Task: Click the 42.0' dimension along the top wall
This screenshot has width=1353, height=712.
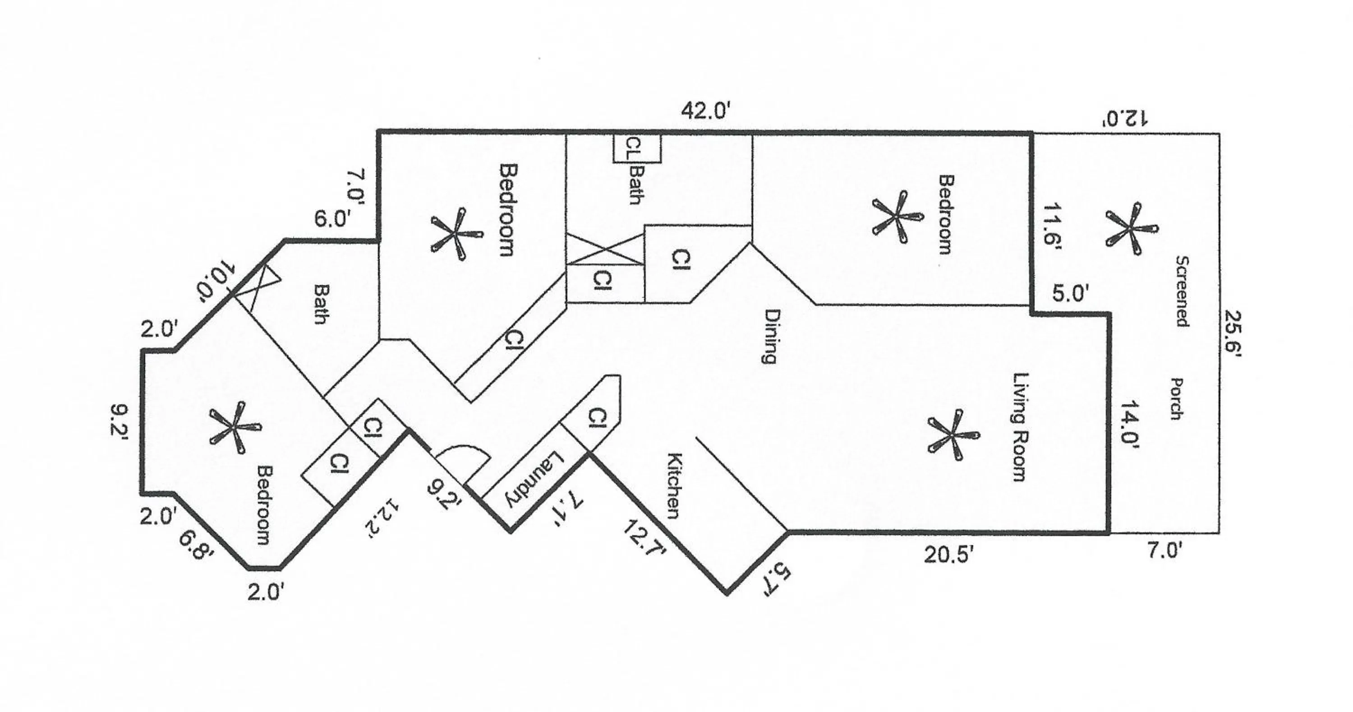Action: [705, 111]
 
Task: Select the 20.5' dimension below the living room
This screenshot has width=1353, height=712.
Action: [952, 555]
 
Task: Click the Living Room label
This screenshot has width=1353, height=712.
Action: [1019, 427]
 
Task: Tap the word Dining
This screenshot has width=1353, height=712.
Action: [770, 336]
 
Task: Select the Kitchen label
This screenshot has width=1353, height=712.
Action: [674, 485]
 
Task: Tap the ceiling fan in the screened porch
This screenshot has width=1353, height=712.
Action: [1130, 229]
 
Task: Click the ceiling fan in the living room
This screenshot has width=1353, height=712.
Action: [952, 435]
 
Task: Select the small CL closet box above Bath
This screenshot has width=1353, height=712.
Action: [636, 149]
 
